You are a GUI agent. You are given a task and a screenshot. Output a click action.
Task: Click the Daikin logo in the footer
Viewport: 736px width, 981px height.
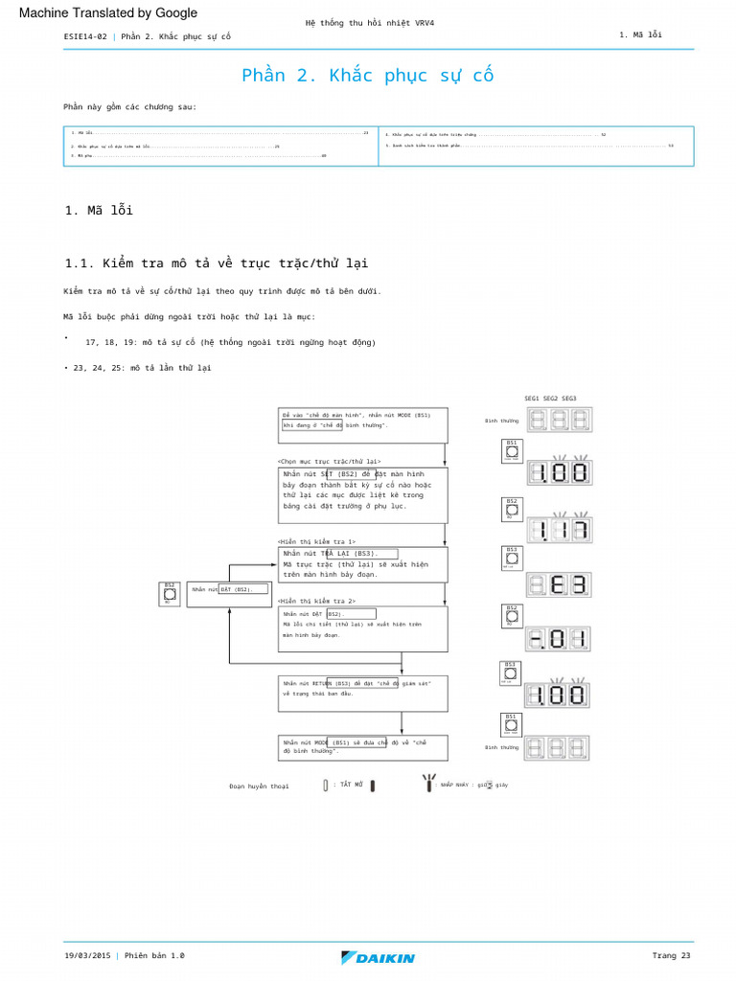(378, 957)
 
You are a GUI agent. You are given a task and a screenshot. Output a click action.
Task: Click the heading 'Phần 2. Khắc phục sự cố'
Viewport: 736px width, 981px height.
(367, 76)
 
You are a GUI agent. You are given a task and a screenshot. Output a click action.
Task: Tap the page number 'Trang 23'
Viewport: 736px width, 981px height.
(671, 955)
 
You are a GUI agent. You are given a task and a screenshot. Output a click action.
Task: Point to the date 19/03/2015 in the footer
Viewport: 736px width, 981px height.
(87, 955)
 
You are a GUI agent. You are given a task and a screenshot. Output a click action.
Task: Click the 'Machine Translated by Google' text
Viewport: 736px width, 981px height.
(108, 12)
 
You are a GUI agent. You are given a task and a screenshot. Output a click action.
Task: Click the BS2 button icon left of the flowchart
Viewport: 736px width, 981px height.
(170, 594)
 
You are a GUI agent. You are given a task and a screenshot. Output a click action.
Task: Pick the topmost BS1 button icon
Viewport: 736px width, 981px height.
(512, 450)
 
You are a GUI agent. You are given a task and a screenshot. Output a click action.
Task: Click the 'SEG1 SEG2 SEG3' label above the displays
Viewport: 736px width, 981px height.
(550, 399)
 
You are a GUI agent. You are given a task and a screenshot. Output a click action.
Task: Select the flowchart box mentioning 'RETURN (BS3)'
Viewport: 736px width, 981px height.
(363, 694)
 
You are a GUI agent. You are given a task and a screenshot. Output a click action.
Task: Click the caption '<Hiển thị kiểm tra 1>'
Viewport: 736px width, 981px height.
(317, 541)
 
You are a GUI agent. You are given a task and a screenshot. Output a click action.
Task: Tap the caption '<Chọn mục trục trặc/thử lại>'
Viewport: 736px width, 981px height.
(330, 461)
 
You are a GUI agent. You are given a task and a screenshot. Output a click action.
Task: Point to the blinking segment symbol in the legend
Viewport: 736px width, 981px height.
(428, 783)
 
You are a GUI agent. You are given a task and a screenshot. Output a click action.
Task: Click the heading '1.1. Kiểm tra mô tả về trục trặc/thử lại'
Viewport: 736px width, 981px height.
(216, 262)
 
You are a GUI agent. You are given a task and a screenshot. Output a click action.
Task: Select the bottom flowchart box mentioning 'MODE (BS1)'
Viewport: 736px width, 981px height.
(363, 747)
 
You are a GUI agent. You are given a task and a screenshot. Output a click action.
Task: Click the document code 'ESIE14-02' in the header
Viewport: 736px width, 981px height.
(84, 36)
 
